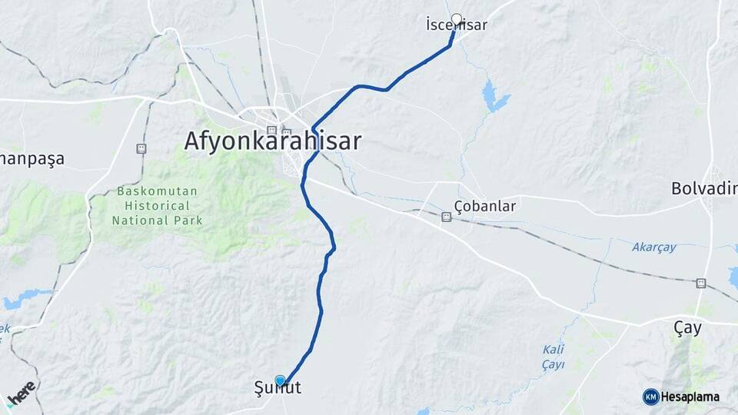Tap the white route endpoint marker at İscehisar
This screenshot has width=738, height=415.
click(x=457, y=19)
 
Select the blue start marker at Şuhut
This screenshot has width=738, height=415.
click(x=281, y=380)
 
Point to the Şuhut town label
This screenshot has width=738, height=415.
click(x=278, y=388)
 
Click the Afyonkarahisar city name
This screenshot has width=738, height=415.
click(x=273, y=141)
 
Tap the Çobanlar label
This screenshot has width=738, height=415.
click(x=484, y=206)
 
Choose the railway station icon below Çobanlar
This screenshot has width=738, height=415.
click(x=445, y=217)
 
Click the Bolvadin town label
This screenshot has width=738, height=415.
click(x=704, y=188)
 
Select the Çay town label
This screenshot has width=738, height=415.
click(x=687, y=328)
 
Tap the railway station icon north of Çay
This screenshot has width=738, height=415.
click(x=700, y=283)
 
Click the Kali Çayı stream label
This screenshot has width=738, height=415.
click(x=553, y=357)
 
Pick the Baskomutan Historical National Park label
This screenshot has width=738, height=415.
click(x=157, y=205)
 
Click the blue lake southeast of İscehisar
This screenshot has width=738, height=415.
click(x=494, y=96)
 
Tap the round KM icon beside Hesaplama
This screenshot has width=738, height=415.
click(x=651, y=397)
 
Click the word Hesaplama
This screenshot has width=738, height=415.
click(x=690, y=397)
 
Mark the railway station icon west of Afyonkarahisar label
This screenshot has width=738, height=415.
click(x=141, y=148)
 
